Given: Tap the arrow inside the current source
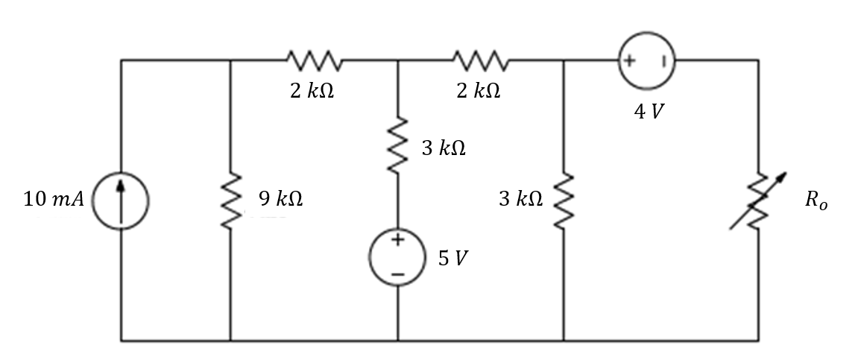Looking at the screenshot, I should (x=121, y=198).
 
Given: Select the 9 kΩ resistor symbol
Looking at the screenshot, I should (x=230, y=200).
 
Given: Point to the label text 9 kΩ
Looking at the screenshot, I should (x=280, y=199).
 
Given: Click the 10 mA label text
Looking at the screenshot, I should (x=54, y=200).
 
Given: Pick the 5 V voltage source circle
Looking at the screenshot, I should (x=397, y=258).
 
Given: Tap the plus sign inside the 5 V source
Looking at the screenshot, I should (x=397, y=240).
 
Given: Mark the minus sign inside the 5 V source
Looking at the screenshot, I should (x=397, y=275).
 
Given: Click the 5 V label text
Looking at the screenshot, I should (x=454, y=259).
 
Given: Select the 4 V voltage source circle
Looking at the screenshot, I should (x=646, y=60).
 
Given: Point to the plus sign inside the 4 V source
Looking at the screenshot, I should (x=629, y=60).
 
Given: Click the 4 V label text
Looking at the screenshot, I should (x=646, y=111).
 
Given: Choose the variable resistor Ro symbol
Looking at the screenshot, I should (x=758, y=200).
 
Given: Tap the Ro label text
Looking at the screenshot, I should (x=816, y=202).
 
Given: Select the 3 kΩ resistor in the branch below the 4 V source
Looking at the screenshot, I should (x=564, y=200).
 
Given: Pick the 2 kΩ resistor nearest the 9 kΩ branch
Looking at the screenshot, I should (x=314, y=60).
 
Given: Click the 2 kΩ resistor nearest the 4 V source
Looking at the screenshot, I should (x=480, y=60).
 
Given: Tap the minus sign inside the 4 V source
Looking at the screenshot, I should (x=662, y=60).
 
